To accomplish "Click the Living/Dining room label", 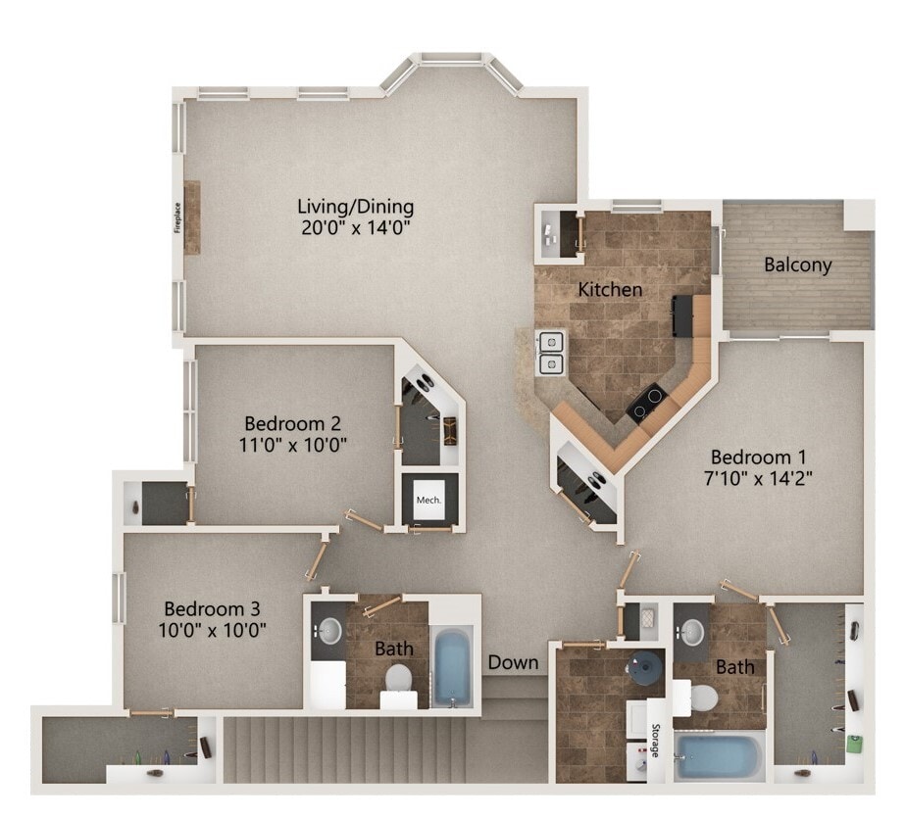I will point(356,207).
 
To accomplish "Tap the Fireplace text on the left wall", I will point(177,217).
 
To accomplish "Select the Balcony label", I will point(797,265).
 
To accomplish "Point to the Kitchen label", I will point(610,289).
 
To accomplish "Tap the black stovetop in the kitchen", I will point(647,403).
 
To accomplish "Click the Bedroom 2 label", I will point(292,423).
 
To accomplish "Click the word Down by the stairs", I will point(514,662).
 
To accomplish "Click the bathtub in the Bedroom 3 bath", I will point(452,667).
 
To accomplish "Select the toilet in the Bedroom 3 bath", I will point(399,678).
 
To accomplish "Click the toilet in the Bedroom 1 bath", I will point(701,698).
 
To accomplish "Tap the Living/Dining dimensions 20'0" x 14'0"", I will point(356,228).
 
